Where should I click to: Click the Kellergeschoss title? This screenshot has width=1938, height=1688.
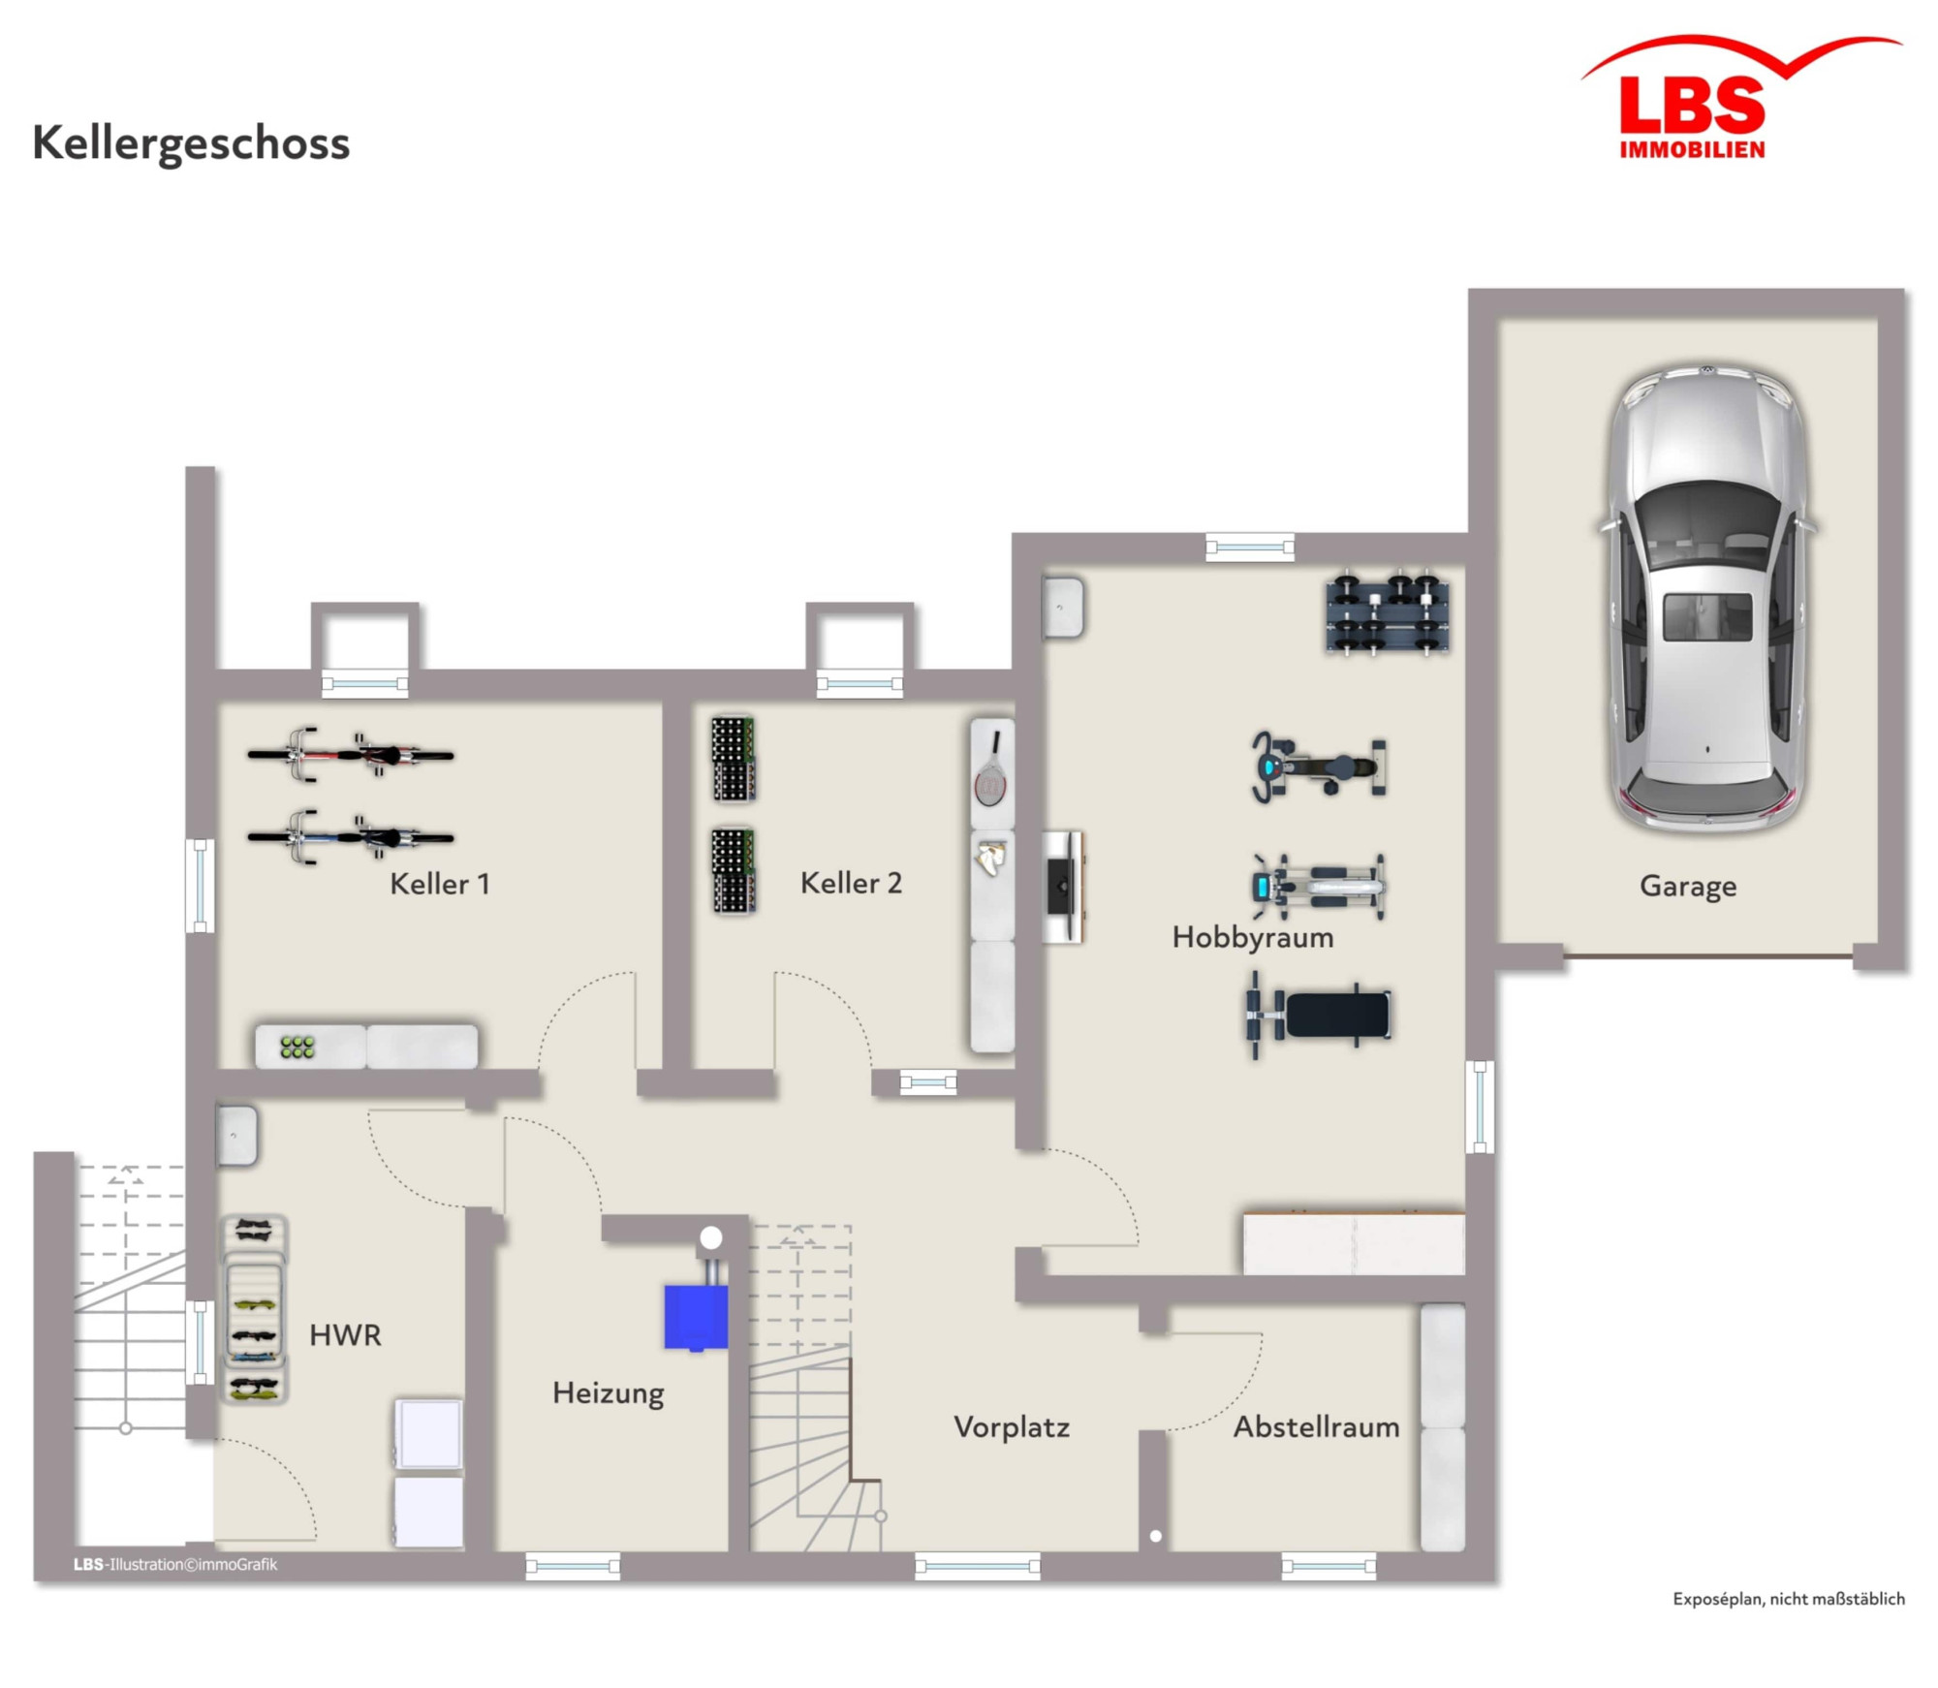coord(191,143)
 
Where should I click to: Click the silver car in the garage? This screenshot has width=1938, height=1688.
coord(1706,598)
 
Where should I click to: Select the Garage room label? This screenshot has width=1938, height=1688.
coord(1687,886)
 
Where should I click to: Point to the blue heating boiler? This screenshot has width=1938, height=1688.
coord(696,1317)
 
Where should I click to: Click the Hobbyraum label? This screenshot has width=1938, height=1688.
coord(1253,937)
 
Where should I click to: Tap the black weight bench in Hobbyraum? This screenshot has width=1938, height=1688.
coord(1319,1015)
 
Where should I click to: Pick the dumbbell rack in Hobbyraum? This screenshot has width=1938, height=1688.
coord(1388,614)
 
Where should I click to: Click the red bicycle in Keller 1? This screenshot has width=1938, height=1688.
coord(350,754)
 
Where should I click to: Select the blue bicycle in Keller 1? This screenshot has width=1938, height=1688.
coord(350,837)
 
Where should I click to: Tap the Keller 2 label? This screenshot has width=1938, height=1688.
coord(851,883)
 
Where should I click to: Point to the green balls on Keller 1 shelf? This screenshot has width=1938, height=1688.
coord(297,1047)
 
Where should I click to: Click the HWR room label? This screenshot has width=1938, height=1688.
coord(345,1335)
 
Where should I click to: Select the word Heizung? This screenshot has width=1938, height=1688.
coord(609,1393)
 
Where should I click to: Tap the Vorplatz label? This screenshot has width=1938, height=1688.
coord(1012,1427)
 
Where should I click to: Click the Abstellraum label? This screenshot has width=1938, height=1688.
coord(1316,1426)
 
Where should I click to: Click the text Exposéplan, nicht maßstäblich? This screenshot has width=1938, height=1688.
coord(1789,1599)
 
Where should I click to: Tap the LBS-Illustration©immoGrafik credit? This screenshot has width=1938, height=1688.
coord(175,1564)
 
